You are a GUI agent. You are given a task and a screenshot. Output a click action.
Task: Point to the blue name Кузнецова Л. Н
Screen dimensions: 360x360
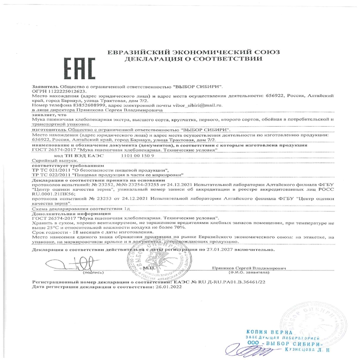click(306, 348)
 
